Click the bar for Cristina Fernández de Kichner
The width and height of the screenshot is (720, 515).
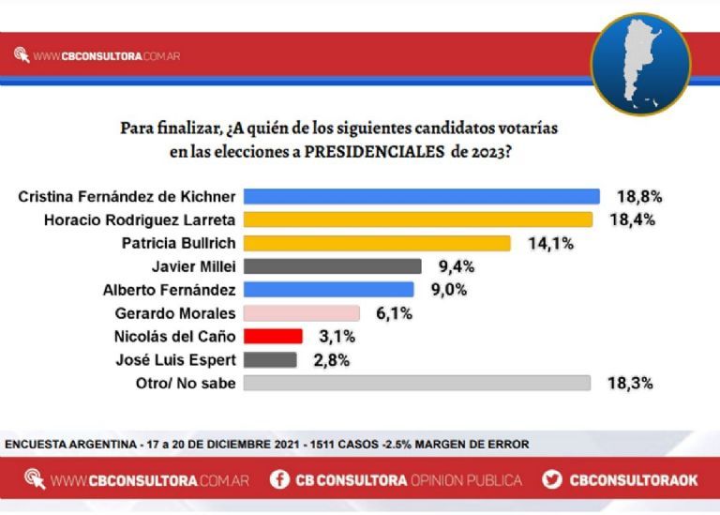click(421, 196)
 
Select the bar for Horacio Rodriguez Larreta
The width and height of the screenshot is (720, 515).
click(417, 220)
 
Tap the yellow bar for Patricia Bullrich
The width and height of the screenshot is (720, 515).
click(376, 243)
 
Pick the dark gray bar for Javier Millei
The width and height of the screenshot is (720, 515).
click(332, 266)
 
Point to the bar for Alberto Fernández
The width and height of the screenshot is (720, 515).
click(328, 289)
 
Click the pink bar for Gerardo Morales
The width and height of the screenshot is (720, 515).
click(301, 312)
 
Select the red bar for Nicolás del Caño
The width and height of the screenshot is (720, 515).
click(272, 336)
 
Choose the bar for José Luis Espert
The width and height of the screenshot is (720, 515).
click(270, 359)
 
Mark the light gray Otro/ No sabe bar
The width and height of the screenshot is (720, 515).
click(416, 383)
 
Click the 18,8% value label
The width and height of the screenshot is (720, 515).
click(639, 197)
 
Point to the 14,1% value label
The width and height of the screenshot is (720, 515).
click(553, 244)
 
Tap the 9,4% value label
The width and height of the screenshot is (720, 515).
click(456, 266)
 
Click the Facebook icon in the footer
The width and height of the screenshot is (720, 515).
click(278, 480)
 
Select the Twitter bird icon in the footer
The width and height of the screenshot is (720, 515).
click(552, 480)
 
